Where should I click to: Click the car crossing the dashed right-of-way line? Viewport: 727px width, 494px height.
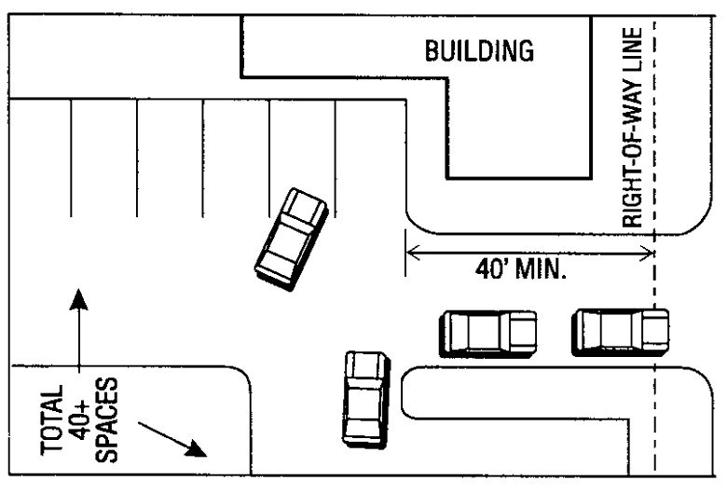(620, 332)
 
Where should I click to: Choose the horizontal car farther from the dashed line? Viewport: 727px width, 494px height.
(487, 332)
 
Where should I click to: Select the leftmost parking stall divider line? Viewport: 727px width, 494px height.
(72, 158)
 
